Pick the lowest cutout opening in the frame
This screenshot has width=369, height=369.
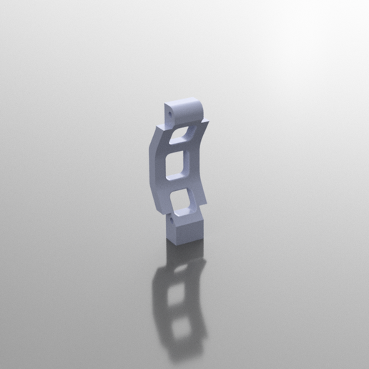pos(184,200)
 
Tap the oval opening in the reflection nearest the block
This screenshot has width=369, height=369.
pos(184,268)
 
